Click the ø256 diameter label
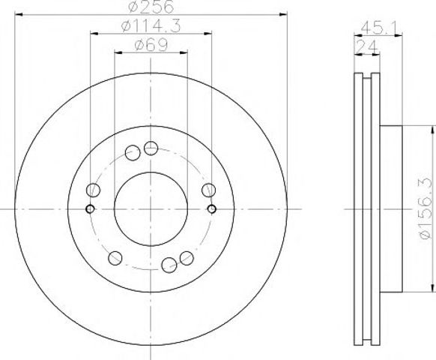[151, 7]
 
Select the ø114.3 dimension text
[151, 26]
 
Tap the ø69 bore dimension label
[151, 45]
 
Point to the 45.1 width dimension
[380, 28]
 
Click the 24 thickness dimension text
[366, 46]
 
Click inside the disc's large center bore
[151, 208]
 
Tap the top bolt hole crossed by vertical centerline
[151, 148]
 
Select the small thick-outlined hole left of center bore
[90, 208]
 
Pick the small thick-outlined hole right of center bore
[212, 208]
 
